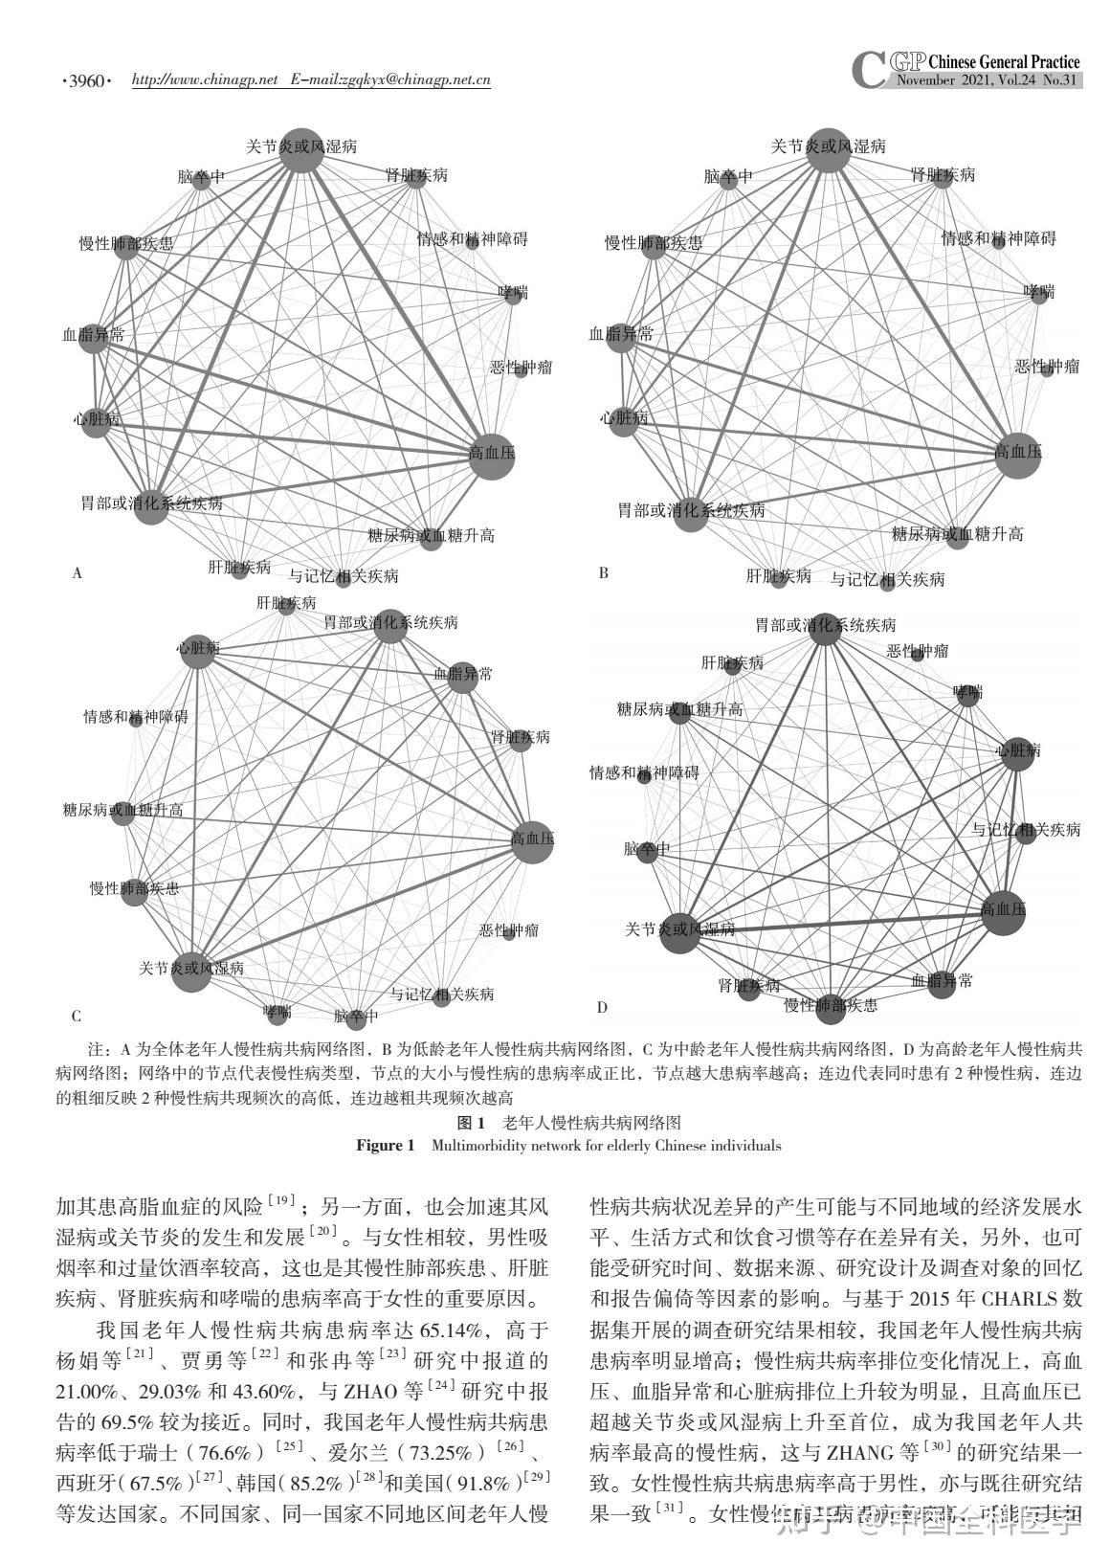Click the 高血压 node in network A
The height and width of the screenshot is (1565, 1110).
pos(492,456)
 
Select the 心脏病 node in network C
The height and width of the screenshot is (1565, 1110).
pos(197,652)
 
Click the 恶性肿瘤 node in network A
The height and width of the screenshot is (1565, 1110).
pos(521,370)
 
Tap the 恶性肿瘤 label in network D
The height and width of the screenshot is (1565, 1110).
pos(918,651)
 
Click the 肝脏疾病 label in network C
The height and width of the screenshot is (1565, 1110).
pos(285,603)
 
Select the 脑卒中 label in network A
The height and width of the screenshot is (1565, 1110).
pos(201,177)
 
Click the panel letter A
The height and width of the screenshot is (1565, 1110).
pos(78,573)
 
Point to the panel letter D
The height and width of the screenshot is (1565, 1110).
pos(602,1007)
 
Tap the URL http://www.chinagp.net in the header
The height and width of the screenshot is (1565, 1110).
pos(204,80)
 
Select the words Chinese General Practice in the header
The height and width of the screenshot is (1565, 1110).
pos(1004,62)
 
